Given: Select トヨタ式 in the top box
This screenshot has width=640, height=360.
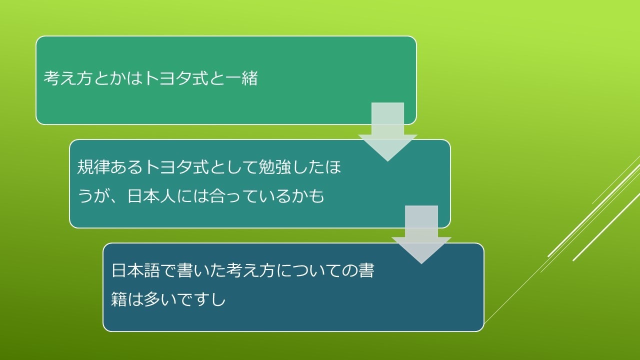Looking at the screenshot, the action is pos(175,78).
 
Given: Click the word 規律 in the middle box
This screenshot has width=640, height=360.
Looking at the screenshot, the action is pos(93,167).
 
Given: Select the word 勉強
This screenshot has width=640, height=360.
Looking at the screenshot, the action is pos(274,167).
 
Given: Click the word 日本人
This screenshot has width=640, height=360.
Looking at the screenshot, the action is pos(151,196).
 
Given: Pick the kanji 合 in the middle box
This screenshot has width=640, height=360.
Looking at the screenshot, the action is pos(217,196).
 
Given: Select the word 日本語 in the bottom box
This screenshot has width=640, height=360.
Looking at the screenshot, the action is pos(135,270).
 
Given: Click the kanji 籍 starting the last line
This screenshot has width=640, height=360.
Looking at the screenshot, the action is pos(119,299).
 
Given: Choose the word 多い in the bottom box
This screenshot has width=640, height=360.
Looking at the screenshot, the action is pos(160,299).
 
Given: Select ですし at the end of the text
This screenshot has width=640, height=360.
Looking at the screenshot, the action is pos(201,299).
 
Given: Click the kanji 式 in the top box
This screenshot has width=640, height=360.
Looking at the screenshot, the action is pos(200,78).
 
